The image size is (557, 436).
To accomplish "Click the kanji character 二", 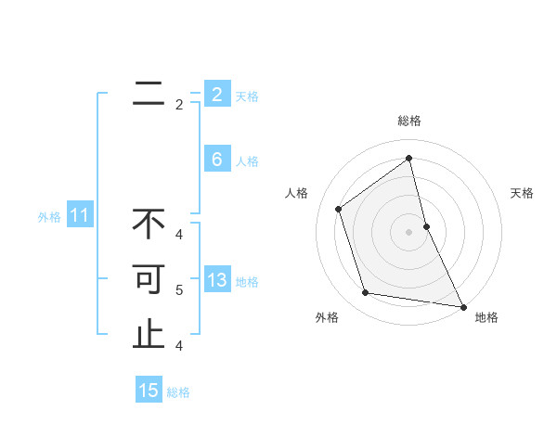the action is [149, 93].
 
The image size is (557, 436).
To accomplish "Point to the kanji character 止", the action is [149, 335].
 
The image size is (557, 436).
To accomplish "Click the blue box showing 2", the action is [217, 95].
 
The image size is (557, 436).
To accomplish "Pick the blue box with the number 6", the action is [217, 160].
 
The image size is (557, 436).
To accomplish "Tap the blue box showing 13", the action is [217, 280].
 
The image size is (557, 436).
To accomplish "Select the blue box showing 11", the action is [80, 216].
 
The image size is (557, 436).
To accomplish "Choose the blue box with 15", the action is [149, 391].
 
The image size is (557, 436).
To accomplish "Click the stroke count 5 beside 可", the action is [179, 290].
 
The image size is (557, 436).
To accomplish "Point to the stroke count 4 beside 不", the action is [179, 234].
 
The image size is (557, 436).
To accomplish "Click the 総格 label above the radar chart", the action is [409, 121].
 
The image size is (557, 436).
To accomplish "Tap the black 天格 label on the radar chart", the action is [522, 193].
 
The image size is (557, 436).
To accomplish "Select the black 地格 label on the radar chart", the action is [486, 317].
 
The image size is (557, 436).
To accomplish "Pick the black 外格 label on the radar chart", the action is [327, 317].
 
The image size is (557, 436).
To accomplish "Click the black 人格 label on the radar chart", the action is [297, 193].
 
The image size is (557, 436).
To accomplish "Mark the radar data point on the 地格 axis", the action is [462, 306].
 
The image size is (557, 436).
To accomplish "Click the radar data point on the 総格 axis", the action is [409, 158].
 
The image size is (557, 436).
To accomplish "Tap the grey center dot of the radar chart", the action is [409, 231].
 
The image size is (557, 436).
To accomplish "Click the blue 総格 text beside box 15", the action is [178, 392].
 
